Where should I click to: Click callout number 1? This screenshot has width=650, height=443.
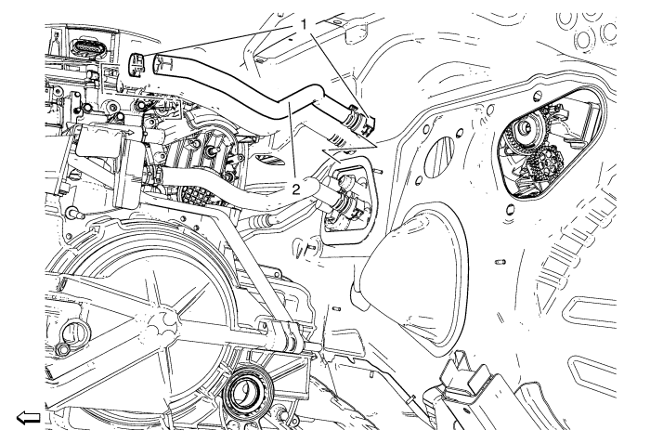pos(304,25)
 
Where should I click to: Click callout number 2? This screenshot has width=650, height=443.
pos(295,190)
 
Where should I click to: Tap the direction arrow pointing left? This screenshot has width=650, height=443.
pos(28,417)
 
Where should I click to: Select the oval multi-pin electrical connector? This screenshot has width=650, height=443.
pos(87,46)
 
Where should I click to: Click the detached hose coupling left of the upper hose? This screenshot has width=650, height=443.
pos(136,64)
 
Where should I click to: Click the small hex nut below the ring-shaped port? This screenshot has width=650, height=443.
pos(62,349)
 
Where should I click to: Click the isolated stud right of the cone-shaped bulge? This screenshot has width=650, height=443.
pos(500,262)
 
